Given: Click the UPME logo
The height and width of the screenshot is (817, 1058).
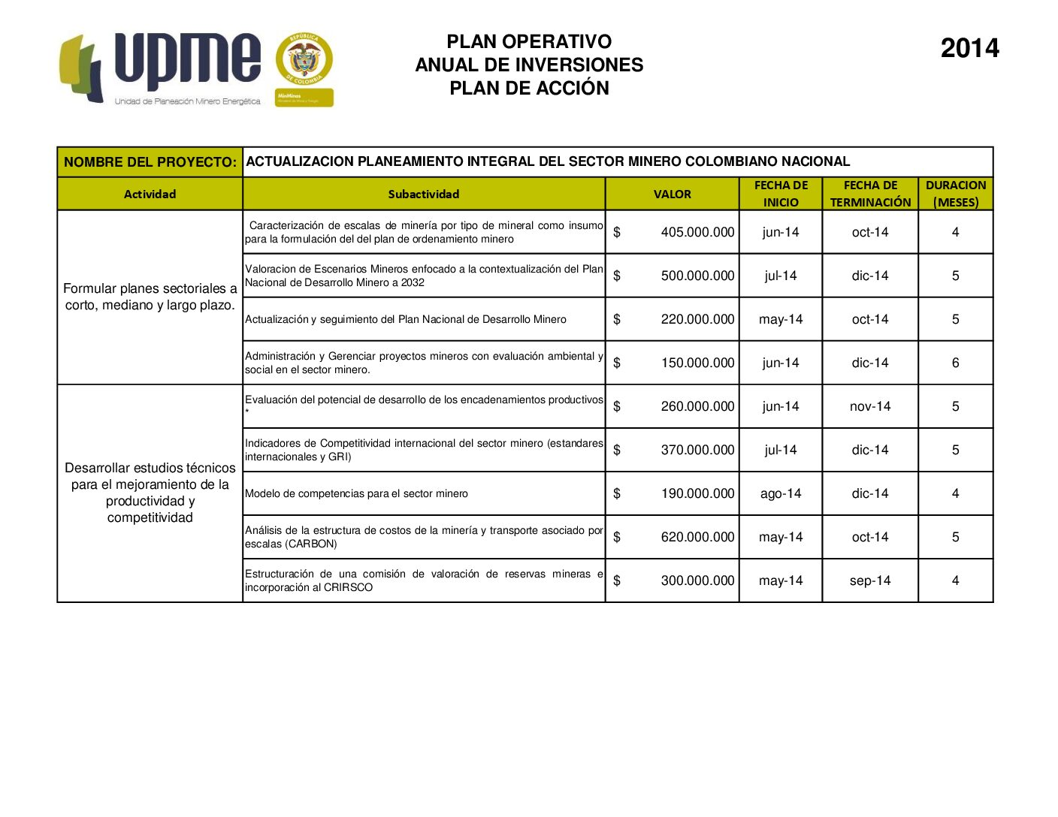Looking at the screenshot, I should coord(160,68).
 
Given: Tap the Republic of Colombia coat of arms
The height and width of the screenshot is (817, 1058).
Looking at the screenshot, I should coord(304,60).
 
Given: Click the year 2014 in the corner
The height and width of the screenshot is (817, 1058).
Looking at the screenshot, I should coord(969,49).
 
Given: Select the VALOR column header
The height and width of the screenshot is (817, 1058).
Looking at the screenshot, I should coord(672,194).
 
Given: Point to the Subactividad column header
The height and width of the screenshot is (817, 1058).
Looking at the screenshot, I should coord(423,194).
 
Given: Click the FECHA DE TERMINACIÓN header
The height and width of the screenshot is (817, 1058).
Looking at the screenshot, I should coord(870,194).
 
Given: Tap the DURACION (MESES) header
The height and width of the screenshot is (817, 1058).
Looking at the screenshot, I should coord(956,194).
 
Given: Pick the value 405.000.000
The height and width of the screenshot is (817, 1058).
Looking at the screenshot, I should coord(697,232).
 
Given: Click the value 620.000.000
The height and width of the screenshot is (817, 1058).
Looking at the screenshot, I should coord(697,537).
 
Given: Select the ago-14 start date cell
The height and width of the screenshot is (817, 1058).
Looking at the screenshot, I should coord(781,493).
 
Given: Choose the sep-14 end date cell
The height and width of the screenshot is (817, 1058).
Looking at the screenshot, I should coord(870,580).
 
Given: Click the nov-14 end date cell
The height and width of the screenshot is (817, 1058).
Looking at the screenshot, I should coord(870,406).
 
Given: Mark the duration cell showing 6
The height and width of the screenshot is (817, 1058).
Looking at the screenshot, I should coord(956,363).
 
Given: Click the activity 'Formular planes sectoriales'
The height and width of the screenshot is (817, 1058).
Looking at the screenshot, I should coord(150,297).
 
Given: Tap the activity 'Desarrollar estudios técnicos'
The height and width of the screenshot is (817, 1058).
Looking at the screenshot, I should coord(150,493).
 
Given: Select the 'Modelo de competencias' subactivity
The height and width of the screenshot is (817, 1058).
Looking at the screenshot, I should coord(356,493).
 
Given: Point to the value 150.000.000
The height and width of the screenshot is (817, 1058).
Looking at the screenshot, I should coord(697,363).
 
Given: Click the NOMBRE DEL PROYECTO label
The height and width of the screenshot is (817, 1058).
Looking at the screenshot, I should coord(150,162).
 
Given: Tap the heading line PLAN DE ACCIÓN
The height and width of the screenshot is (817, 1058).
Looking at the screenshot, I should coord(529,89).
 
